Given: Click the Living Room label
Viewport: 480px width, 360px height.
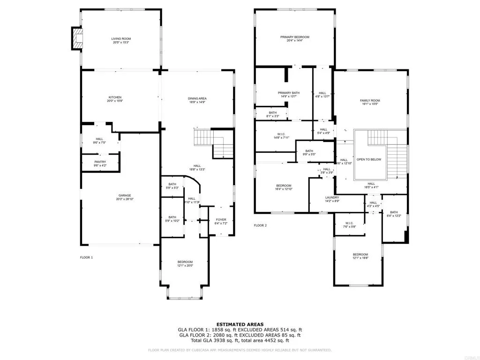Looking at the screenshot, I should (x=120, y=38).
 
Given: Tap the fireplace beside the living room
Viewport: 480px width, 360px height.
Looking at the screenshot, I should (x=76, y=38).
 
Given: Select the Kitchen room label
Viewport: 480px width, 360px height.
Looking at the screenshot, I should (x=115, y=97).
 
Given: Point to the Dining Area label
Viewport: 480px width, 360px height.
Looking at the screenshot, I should (x=198, y=98).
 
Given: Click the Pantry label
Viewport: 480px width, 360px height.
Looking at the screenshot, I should (x=100, y=162).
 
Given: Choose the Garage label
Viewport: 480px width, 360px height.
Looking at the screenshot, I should (x=124, y=195).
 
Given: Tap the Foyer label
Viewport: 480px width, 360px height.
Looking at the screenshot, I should (x=221, y=219).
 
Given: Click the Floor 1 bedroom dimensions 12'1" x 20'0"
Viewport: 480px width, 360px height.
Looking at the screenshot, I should (x=185, y=266).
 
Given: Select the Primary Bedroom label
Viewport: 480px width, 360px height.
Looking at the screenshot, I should (x=295, y=37).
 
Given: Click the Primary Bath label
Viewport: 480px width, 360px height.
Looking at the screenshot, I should (x=288, y=93).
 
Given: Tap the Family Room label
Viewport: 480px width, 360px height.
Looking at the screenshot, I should (x=370, y=101).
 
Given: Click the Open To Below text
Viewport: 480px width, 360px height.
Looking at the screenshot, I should (x=369, y=159).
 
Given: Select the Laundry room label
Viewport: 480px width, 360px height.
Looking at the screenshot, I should (x=332, y=197).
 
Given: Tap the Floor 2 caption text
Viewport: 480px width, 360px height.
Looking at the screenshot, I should (x=260, y=225).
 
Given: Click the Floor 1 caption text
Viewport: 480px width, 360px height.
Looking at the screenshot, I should (x=86, y=257).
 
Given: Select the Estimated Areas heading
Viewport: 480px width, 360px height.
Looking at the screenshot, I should (x=240, y=324).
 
